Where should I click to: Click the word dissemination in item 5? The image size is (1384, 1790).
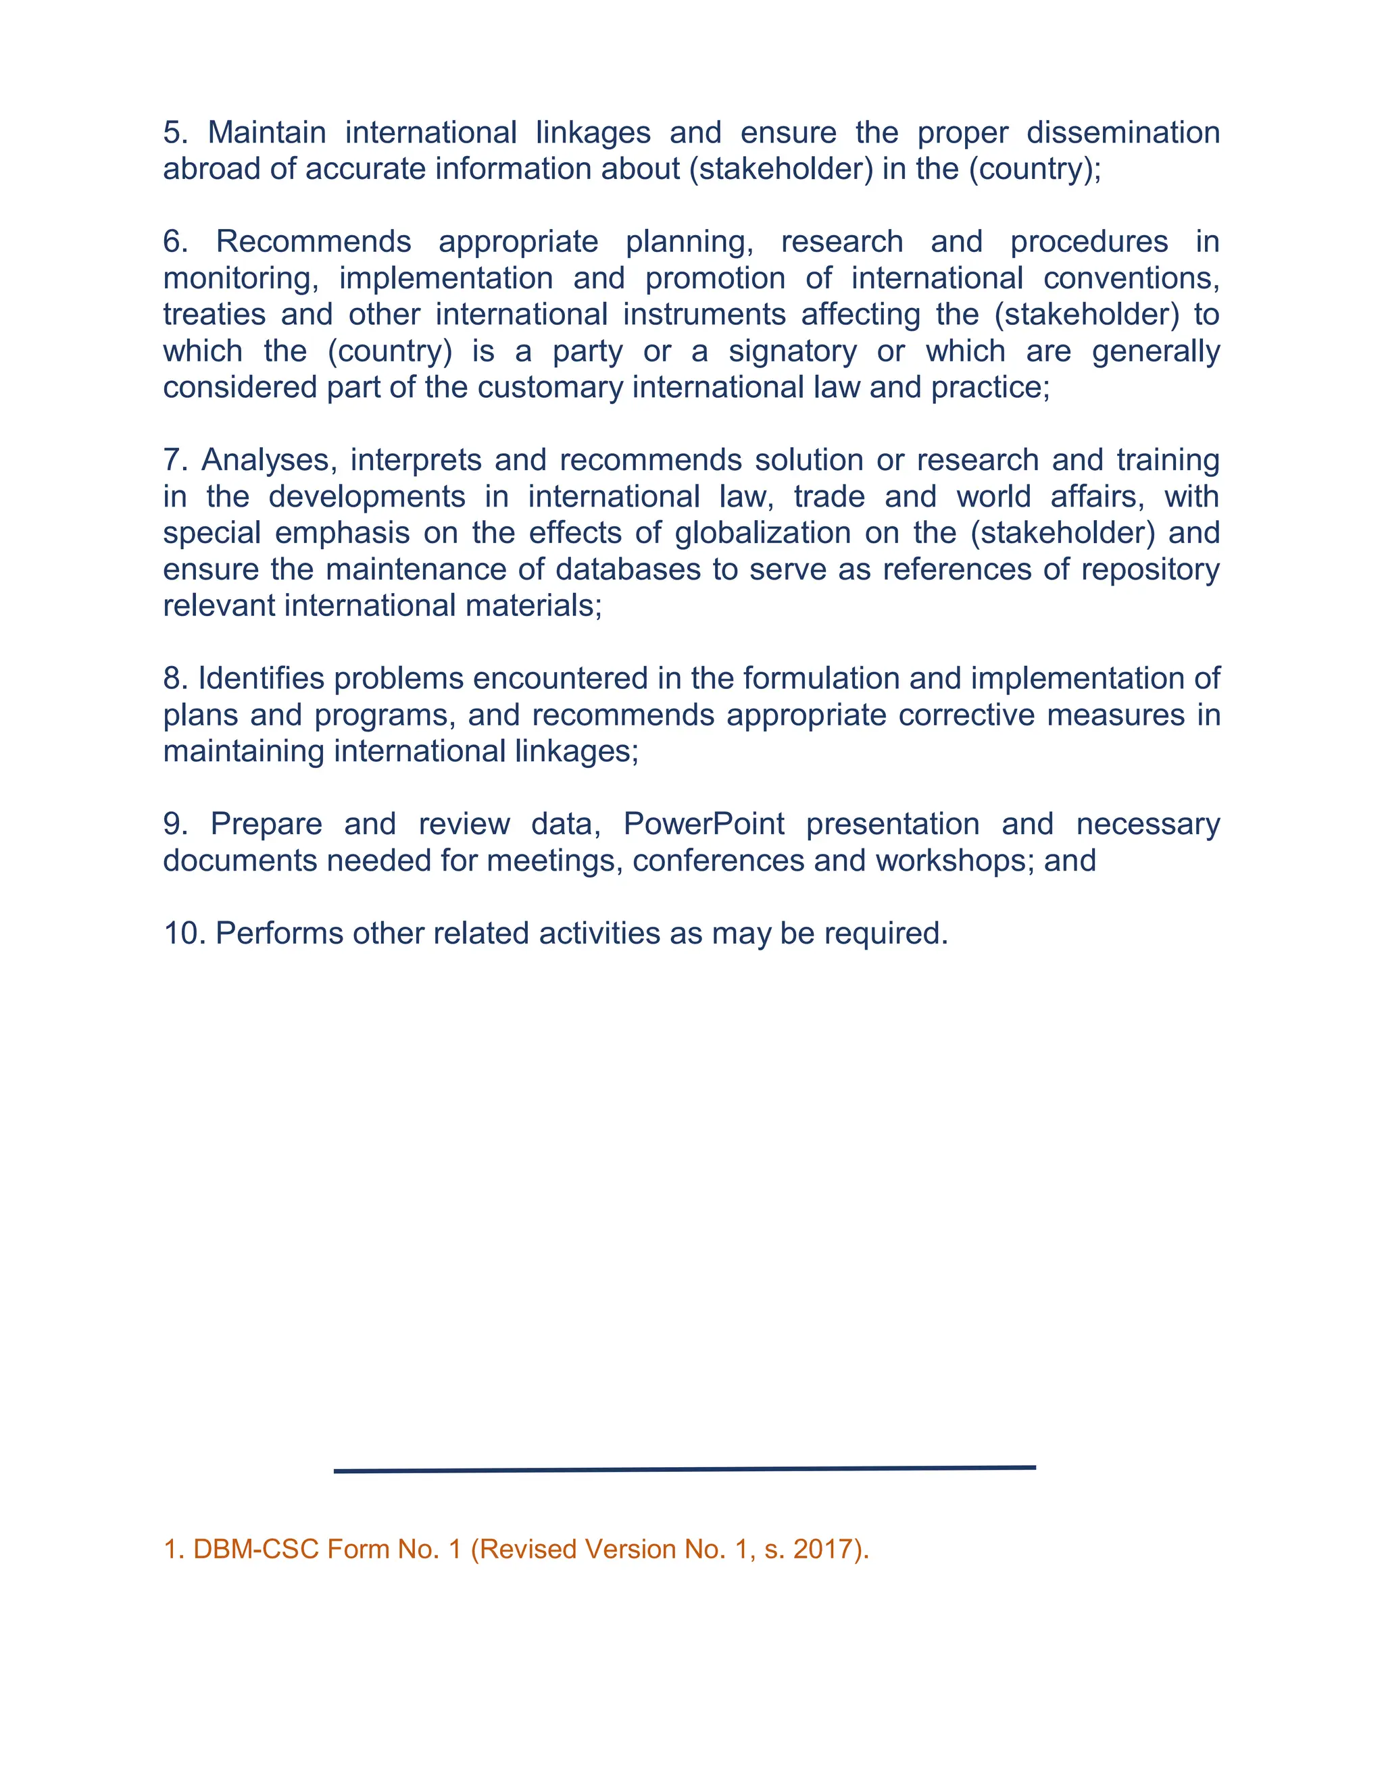coord(1123,133)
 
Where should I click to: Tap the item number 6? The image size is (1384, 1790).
coord(176,242)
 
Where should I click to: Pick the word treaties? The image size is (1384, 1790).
coord(215,315)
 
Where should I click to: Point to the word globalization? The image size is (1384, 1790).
coord(762,534)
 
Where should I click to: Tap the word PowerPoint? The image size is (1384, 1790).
coord(703,825)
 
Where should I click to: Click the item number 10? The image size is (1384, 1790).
coord(184,934)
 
